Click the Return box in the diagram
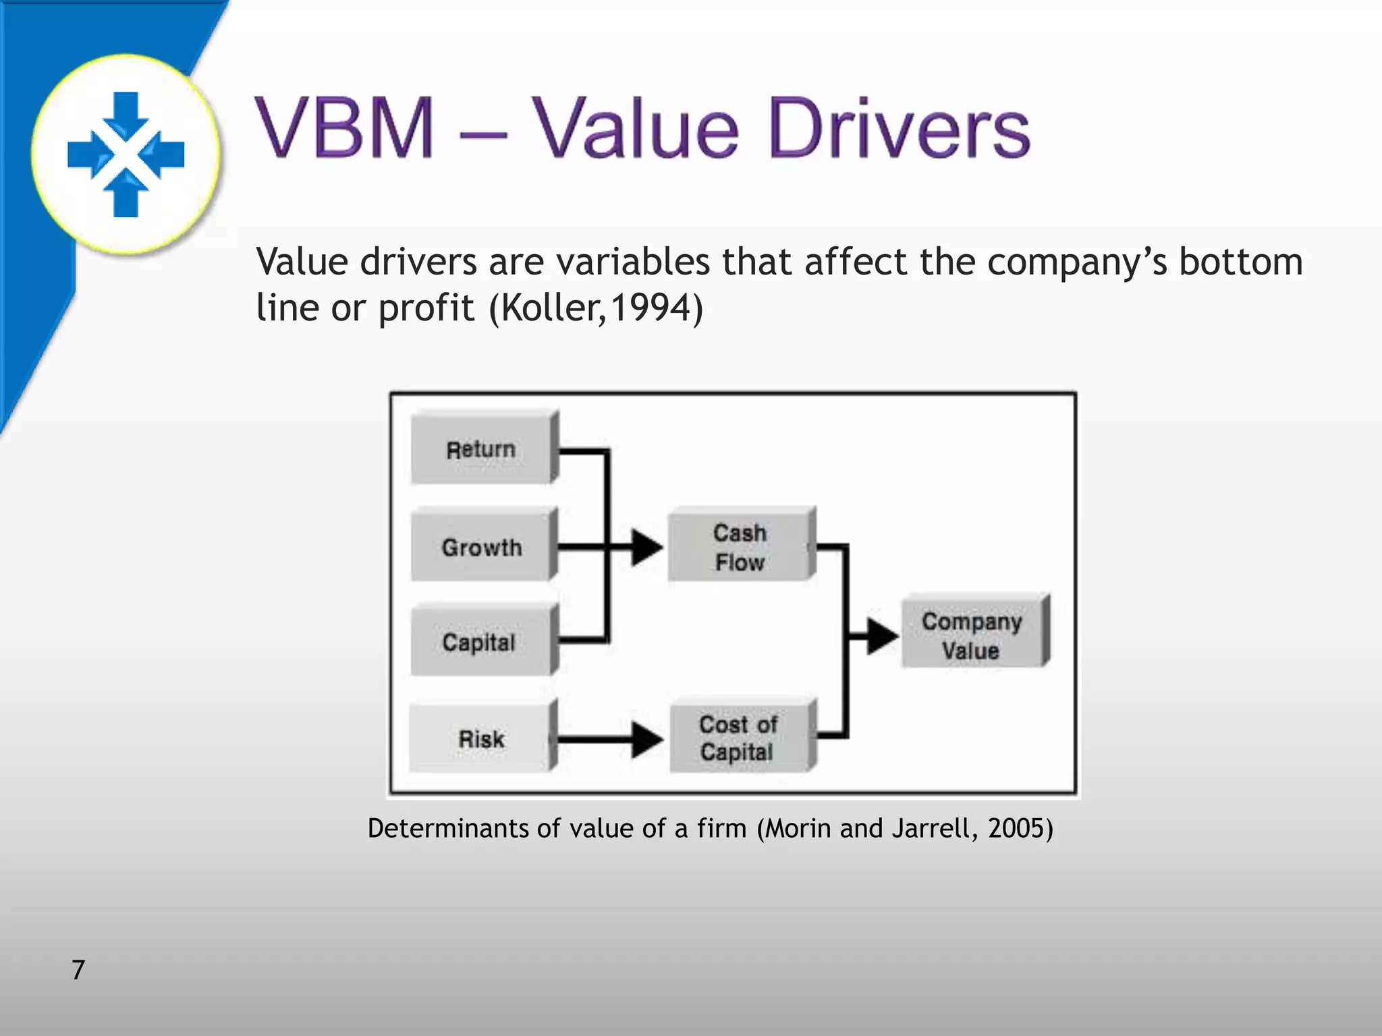481,449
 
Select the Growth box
481,546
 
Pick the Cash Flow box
740,546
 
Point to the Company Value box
972,635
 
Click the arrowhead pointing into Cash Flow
646,547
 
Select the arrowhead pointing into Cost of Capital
646,739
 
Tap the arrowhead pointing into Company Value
881,635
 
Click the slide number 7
78,970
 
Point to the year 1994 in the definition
651,308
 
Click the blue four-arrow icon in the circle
126,154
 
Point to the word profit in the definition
426,308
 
